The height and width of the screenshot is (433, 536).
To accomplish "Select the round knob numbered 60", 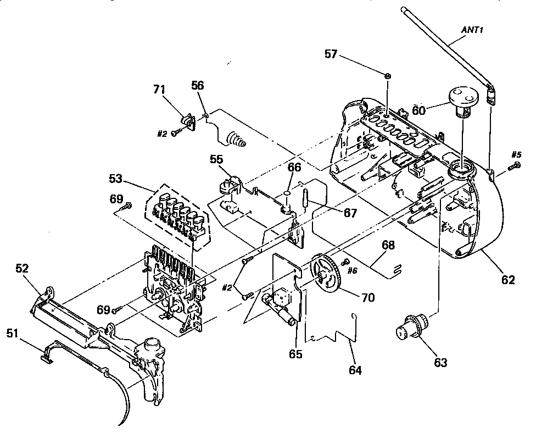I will point(462,101).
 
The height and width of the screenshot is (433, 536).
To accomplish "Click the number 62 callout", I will point(507,280).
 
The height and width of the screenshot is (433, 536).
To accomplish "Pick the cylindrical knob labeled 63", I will point(410,329).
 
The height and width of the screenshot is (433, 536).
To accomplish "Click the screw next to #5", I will point(516,165).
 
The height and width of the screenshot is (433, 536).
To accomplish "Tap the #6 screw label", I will point(353,271).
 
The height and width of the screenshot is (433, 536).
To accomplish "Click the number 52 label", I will point(22,269).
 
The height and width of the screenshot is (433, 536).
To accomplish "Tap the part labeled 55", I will point(229,185).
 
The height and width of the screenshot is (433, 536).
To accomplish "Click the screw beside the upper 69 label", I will point(127,206).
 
